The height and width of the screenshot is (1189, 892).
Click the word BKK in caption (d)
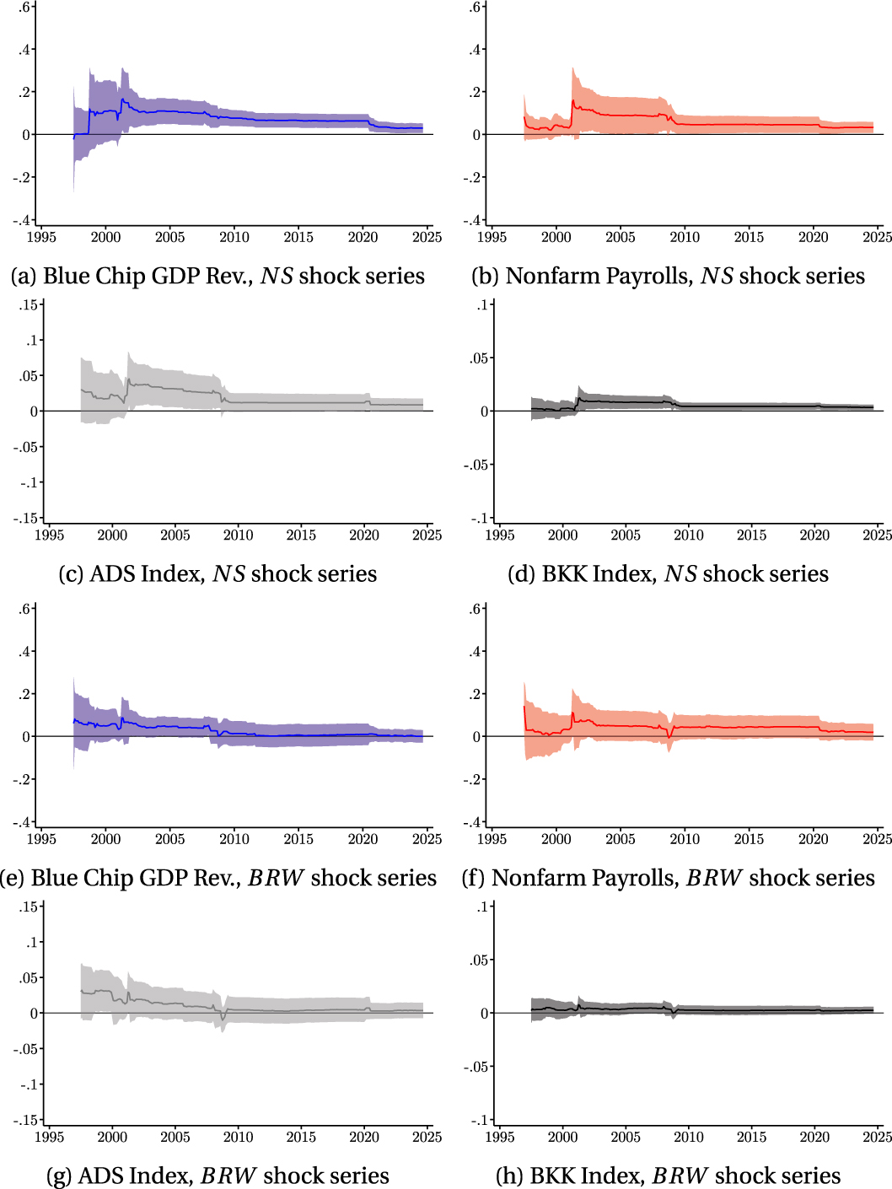click(x=564, y=574)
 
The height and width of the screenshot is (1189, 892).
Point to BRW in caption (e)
click(x=276, y=879)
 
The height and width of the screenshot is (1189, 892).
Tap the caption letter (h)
click(x=509, y=1176)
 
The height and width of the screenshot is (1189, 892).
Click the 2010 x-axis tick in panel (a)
click(x=234, y=238)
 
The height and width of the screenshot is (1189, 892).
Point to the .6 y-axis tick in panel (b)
click(x=476, y=8)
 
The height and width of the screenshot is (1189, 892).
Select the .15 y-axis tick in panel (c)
click(x=30, y=305)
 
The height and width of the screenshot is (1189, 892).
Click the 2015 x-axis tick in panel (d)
click(x=751, y=535)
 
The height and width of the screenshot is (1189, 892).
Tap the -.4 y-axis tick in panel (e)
click(x=23, y=822)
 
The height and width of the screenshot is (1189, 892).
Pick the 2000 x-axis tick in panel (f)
click(x=556, y=839)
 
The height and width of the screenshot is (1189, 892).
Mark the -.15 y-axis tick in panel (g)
click(x=26, y=1121)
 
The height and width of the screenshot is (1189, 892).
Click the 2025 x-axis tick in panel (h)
click(x=877, y=1138)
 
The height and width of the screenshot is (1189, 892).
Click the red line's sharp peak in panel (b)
click(x=573, y=101)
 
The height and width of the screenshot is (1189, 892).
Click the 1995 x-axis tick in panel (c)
click(x=50, y=535)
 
